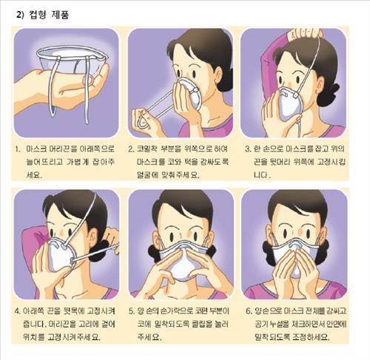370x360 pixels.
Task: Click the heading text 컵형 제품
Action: point(49,15)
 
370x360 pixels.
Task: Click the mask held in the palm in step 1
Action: point(72,61)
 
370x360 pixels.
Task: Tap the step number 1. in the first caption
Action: point(17,149)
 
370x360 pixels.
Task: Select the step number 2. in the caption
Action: point(131,149)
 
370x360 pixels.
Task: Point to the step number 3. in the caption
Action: point(248,149)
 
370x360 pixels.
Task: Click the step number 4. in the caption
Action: point(18,310)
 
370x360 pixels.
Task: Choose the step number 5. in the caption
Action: point(132,310)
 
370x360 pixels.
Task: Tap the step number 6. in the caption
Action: point(249,310)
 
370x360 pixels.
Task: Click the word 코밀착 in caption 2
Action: point(147,149)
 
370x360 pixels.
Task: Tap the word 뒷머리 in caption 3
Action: point(280,162)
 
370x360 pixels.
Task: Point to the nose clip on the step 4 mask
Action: point(56,244)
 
